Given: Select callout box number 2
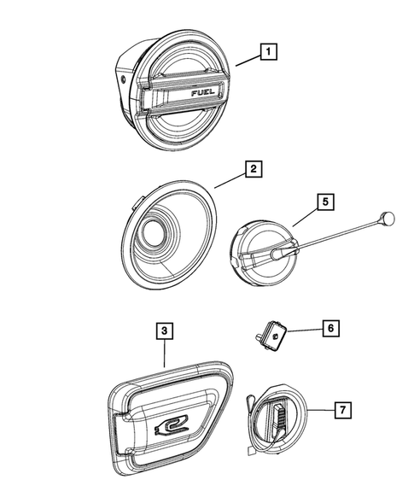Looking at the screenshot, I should tap(252, 170).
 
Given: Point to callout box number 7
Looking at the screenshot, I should tap(341, 412).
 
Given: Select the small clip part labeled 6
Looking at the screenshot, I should tap(272, 336).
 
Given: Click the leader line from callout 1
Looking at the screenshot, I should tap(247, 60).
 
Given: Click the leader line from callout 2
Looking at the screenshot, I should tap(229, 178).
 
